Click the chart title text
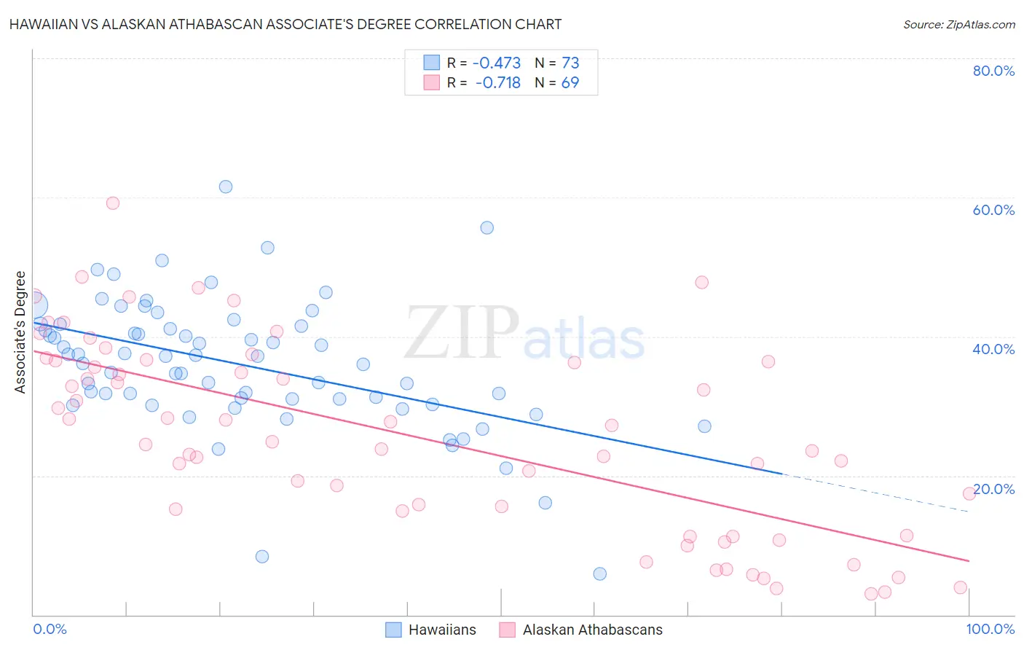[x=285, y=24]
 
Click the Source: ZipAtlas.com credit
[x=958, y=24]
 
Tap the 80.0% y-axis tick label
[x=993, y=71]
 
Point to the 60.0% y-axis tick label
[x=993, y=210]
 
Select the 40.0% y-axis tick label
[x=993, y=349]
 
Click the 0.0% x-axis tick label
[x=50, y=629]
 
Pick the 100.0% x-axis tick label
[x=990, y=629]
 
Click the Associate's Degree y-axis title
[x=20, y=332]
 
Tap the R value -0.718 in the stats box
[x=498, y=82]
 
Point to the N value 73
[x=570, y=63]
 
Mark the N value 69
[x=570, y=82]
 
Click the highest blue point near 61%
[x=226, y=187]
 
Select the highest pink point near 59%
[x=113, y=203]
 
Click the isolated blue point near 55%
[x=487, y=228]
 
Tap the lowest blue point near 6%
[x=600, y=573]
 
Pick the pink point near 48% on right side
[x=701, y=283]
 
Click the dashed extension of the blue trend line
[x=874, y=492]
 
